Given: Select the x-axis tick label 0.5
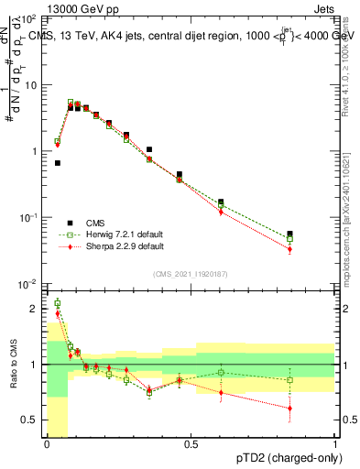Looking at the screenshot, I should click(191, 444).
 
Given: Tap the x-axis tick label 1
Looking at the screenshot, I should click(335, 444).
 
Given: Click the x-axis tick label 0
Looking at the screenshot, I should click(47, 444).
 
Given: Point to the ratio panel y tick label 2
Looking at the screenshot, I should click(35, 309).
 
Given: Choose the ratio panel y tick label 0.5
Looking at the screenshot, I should click(30, 420).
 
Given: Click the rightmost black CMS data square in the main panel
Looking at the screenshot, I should click(289, 234).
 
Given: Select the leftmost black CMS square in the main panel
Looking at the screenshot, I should click(58, 163).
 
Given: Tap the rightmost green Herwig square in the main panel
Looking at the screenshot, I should click(289, 239).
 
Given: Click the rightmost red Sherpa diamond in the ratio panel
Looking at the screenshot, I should click(289, 409).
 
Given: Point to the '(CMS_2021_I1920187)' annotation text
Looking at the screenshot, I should click(191, 273).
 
